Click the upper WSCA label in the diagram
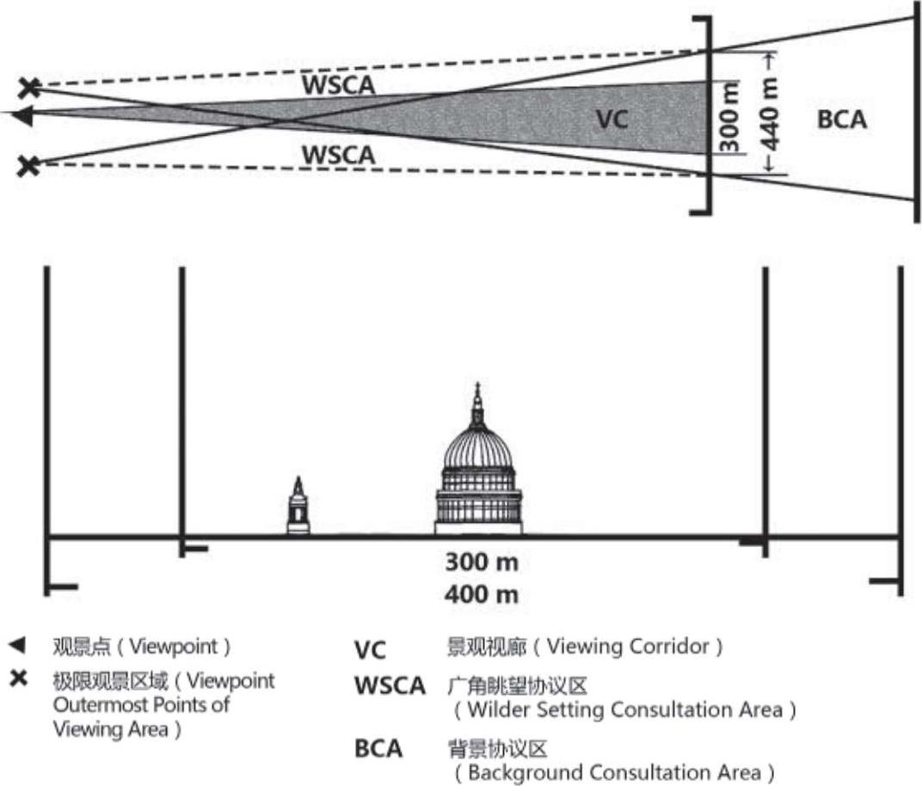point(338,85)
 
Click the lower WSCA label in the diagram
point(338,155)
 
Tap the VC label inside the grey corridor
point(612,120)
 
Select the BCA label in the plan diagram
point(841,120)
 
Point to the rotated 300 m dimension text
point(730,120)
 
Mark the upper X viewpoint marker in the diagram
point(30,87)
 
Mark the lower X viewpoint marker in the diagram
point(30,164)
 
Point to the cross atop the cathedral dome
point(477,389)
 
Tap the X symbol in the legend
point(17,680)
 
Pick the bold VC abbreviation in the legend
point(371,649)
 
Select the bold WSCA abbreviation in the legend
point(390,686)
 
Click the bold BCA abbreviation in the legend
point(378,748)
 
